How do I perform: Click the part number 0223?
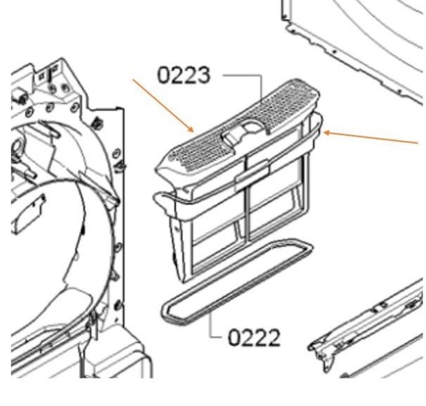(184, 75)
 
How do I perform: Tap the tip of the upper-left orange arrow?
(193, 132)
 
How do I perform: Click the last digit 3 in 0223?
(204, 75)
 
